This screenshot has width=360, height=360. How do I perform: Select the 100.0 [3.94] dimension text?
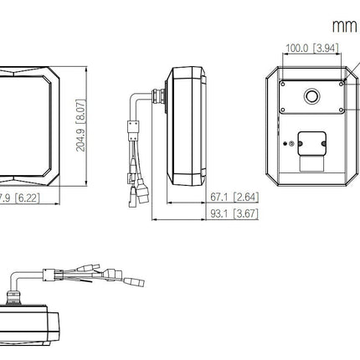click(311, 48)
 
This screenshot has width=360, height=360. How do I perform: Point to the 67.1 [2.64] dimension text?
click(234, 197)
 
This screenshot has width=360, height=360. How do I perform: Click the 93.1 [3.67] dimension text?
click(234, 213)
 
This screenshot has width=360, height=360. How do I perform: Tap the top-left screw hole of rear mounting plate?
click(283, 85)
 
